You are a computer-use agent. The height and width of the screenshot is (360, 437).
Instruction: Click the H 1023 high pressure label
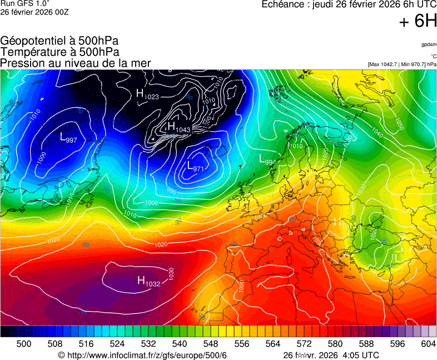point(147,94)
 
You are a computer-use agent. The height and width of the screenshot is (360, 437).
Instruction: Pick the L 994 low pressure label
point(267,159)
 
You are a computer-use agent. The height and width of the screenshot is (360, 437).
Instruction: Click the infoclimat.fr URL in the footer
point(146,355)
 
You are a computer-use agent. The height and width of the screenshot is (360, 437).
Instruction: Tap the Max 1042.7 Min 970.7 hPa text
point(402,64)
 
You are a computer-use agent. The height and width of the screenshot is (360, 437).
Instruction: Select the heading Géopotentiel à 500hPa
point(59,41)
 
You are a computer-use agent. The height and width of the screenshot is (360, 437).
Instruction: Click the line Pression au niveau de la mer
point(76,63)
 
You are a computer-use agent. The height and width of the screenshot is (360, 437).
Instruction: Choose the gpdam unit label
point(428,44)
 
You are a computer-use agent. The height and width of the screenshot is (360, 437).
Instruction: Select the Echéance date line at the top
point(349,5)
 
